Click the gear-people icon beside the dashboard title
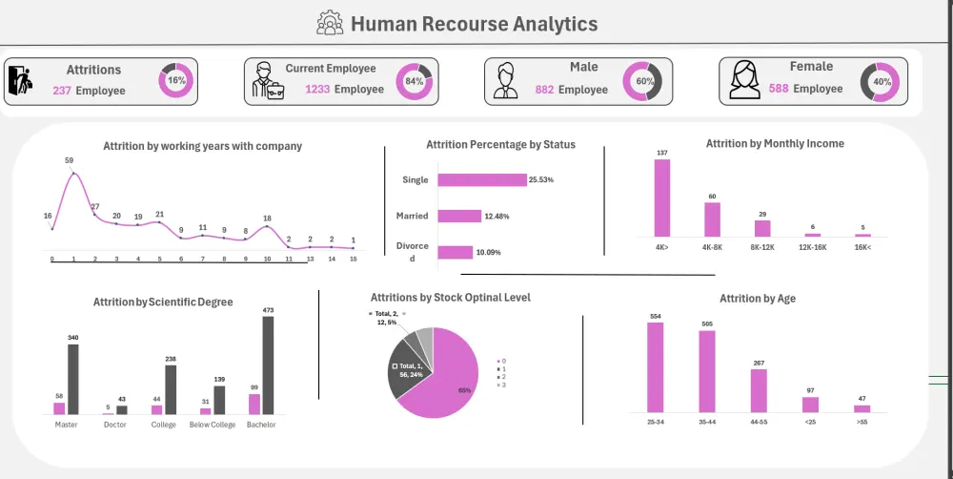click(330, 23)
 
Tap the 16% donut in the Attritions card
click(176, 81)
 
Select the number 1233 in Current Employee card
click(317, 89)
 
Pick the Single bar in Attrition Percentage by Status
click(481, 179)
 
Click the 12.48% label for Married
click(497, 216)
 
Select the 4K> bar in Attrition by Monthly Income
click(661, 198)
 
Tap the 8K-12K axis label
click(761, 246)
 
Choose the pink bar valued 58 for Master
click(59, 408)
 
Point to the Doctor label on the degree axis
click(115, 425)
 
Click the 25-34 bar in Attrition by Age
click(655, 367)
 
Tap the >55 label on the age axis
click(861, 421)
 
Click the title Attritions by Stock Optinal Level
click(450, 298)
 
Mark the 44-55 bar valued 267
click(758, 390)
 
